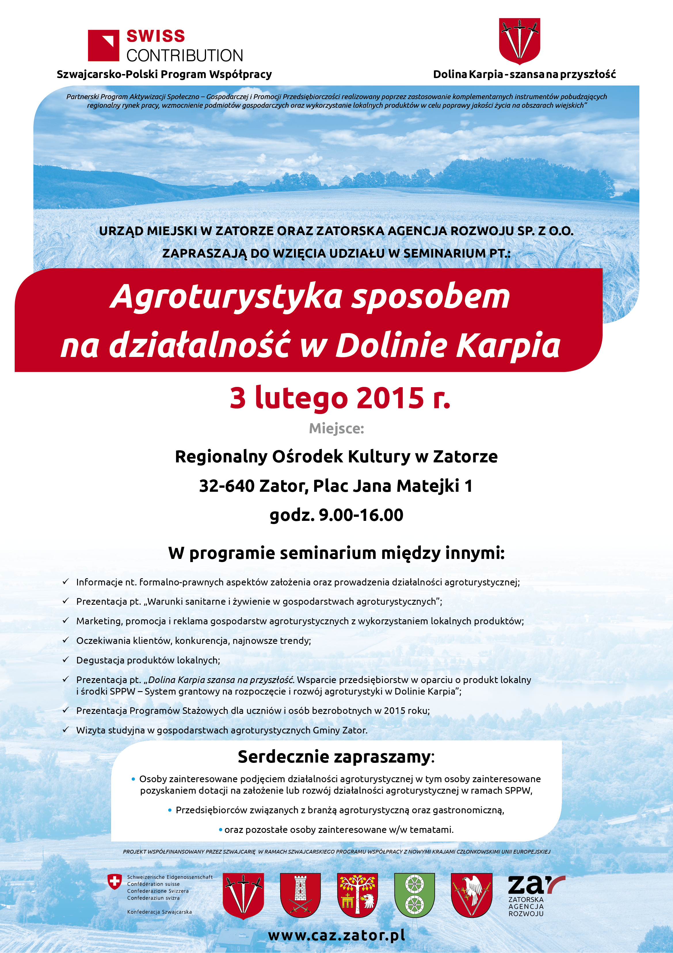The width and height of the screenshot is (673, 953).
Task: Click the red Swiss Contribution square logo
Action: [x=103, y=45]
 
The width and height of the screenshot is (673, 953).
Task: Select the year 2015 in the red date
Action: [x=390, y=398]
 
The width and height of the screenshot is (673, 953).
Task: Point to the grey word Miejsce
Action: [x=336, y=428]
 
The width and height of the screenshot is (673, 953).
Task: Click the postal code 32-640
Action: [x=226, y=486]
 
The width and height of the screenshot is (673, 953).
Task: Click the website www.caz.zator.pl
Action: [x=336, y=935]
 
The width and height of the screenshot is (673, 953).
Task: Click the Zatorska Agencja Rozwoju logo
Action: [x=535, y=895]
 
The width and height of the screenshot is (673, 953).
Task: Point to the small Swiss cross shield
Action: [x=115, y=881]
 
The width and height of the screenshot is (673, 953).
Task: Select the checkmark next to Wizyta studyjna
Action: [x=66, y=730]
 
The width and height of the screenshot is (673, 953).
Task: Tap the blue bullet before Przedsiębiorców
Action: [x=169, y=810]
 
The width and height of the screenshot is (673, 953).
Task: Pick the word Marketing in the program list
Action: [x=99, y=621]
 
